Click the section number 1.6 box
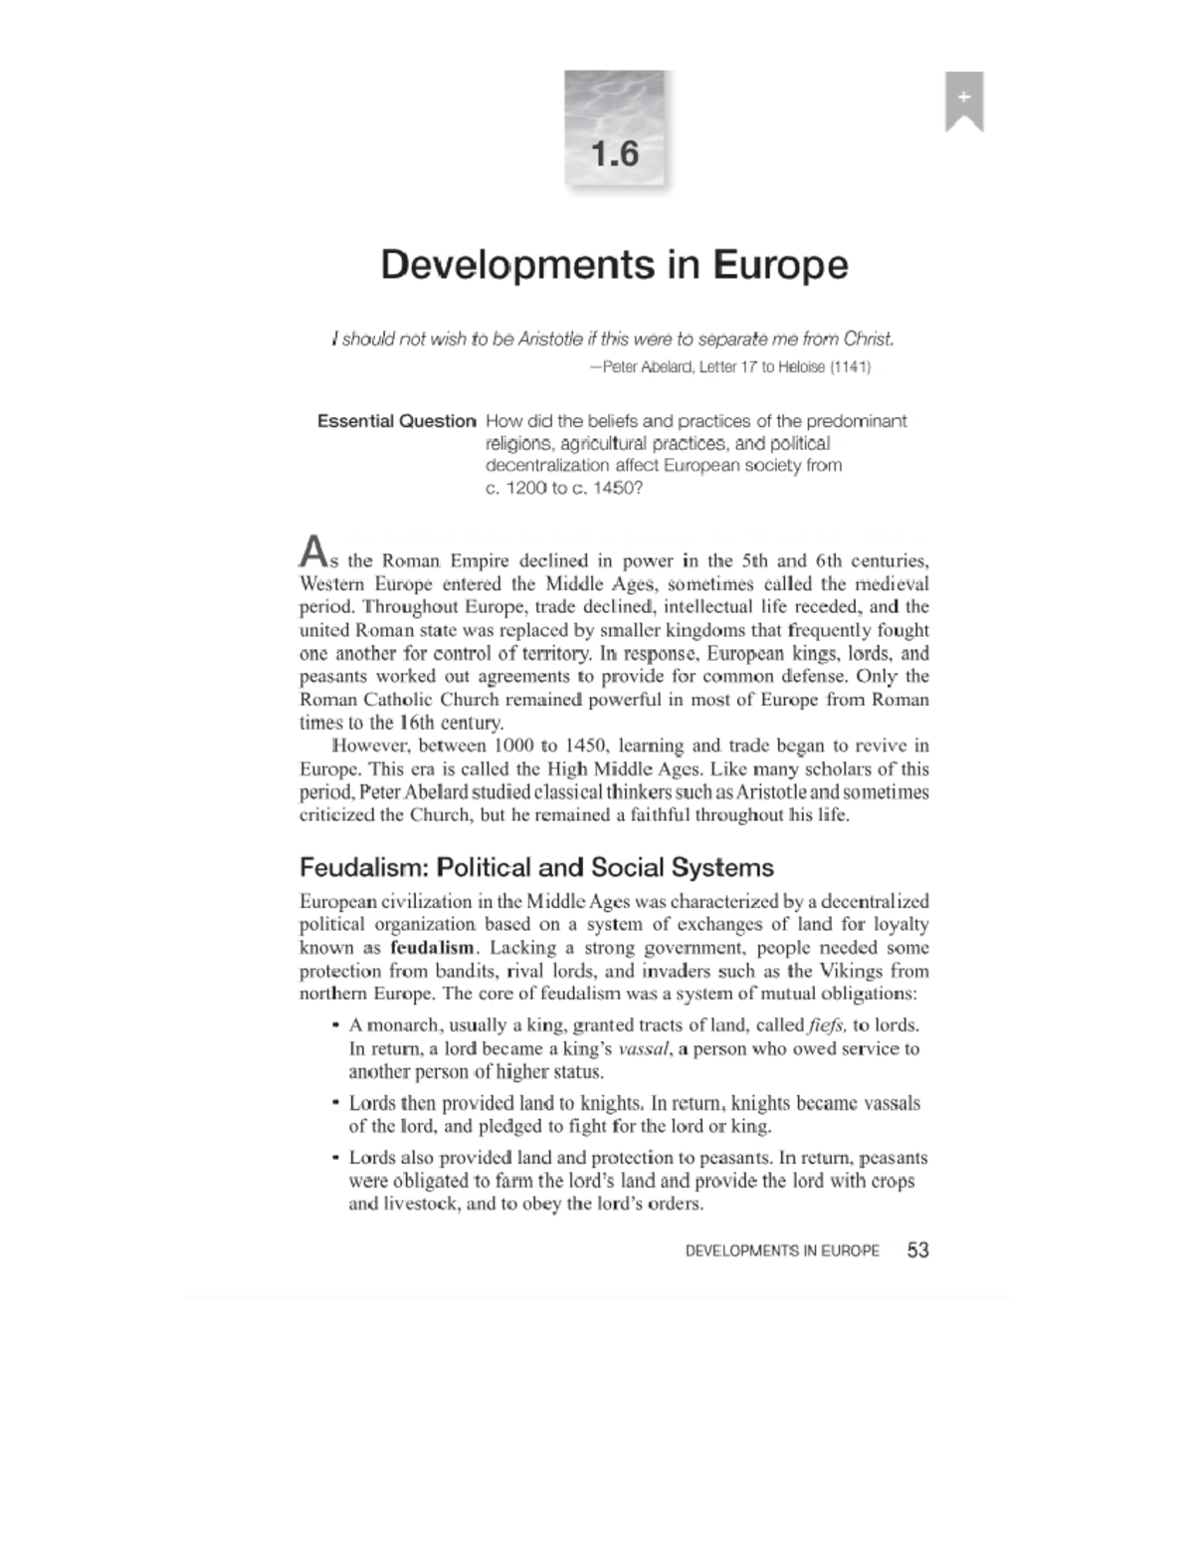(615, 130)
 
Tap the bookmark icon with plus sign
(963, 101)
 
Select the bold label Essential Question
(396, 421)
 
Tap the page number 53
(917, 1250)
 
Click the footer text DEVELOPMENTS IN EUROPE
(782, 1251)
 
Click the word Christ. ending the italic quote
(869, 339)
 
